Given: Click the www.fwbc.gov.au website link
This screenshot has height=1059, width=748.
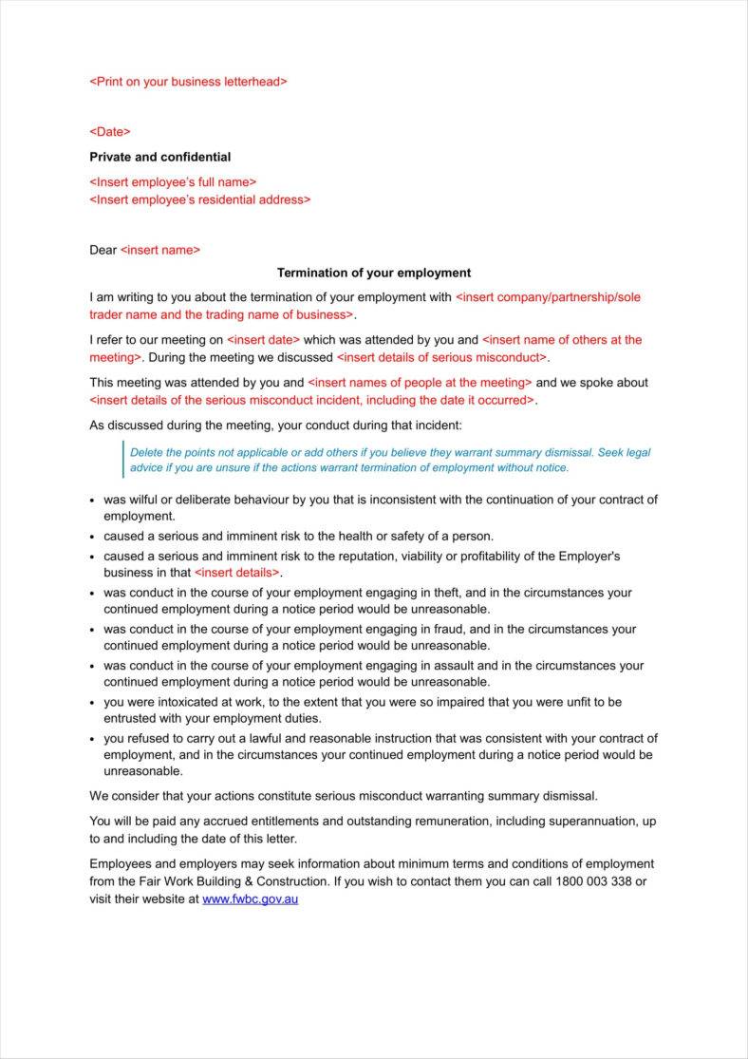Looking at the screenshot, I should (250, 898).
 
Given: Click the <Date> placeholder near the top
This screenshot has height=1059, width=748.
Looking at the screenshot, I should (110, 132).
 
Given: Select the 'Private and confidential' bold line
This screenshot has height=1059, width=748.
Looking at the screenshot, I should (159, 157).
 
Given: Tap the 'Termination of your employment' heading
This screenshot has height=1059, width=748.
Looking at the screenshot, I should (374, 273).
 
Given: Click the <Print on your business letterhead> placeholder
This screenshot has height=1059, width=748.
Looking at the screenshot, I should (188, 82).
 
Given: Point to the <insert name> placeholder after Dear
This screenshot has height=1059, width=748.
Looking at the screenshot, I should (160, 250).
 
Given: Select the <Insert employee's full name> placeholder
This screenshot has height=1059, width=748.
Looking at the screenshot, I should (173, 181).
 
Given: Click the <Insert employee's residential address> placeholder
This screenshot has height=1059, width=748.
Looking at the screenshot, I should (199, 199).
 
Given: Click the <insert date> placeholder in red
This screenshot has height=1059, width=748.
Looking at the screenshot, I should (263, 339).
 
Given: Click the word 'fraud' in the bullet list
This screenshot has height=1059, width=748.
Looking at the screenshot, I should (445, 629).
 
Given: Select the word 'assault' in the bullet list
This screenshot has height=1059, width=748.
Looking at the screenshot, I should (451, 666).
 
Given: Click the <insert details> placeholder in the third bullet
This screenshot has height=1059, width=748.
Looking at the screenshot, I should (237, 573).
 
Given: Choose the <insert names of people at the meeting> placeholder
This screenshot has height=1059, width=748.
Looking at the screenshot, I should (420, 383).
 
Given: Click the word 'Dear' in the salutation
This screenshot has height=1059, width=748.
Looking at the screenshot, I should (103, 250).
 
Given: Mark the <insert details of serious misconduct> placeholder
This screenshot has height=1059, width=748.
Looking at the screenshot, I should (441, 357).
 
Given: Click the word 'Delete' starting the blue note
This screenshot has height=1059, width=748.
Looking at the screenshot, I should (147, 452).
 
